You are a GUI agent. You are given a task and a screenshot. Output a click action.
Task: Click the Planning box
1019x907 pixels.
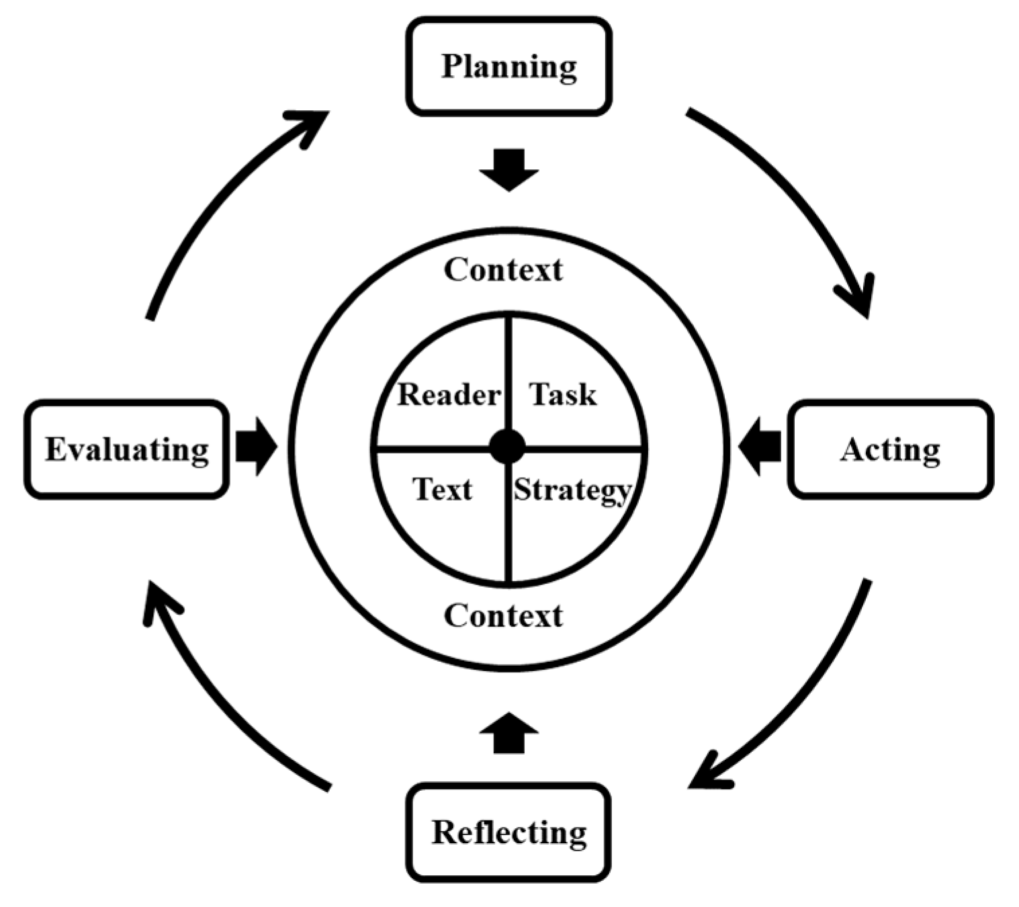508,67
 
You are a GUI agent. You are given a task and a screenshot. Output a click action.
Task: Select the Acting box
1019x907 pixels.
890,449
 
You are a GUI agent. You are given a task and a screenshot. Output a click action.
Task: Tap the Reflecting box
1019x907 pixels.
508,832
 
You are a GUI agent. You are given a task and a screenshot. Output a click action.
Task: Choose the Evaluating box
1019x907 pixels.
127,449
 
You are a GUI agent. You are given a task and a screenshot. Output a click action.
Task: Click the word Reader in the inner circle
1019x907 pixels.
449,394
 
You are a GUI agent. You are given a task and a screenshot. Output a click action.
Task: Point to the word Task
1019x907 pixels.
562,394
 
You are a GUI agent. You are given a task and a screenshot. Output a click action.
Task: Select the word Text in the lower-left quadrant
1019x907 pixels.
442,489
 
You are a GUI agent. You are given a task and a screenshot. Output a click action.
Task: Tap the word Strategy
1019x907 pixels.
572,490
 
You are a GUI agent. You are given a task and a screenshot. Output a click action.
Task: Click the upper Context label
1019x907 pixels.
503,269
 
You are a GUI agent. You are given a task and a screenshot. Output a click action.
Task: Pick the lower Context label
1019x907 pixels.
503,615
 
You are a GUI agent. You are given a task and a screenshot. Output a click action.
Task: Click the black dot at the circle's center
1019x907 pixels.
507,447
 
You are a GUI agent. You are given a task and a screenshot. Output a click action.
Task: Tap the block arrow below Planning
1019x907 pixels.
508,169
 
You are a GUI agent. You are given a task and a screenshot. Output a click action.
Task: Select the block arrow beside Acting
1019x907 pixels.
760,446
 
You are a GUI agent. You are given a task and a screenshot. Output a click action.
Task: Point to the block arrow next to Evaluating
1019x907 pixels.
256,447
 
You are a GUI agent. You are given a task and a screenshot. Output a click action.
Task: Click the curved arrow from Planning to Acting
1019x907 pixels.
799,195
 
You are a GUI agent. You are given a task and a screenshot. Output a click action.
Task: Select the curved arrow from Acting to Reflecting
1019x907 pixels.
806,699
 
